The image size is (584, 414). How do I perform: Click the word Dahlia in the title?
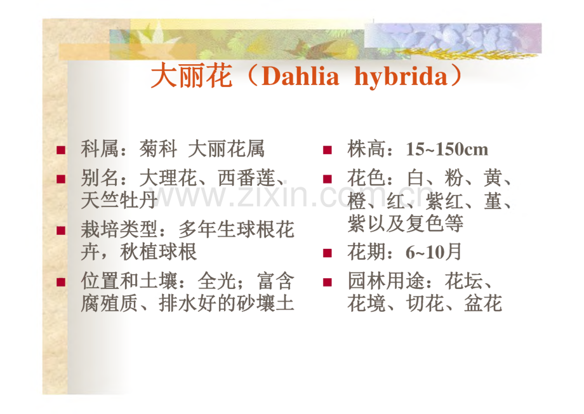pos(300,76)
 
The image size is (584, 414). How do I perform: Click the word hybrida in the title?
pos(401,77)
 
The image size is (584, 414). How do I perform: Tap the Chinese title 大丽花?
pos(192,76)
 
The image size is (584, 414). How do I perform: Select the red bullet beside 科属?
pos(61,150)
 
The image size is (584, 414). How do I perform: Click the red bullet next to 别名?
pos(61,179)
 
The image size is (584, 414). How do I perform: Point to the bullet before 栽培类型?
pos(61,230)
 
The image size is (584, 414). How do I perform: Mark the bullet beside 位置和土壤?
pos(61,282)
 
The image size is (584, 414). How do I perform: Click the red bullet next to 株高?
pos(328,150)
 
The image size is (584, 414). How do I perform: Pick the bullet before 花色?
pos(328,179)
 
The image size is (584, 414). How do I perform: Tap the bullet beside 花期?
pos(328,253)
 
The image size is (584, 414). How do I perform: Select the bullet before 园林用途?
pos(328,282)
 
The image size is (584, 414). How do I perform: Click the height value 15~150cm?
pos(447,149)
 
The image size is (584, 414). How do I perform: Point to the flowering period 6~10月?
pos(434,252)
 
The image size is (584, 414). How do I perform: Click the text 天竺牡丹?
pos(119,200)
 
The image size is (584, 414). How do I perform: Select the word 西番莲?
pos(246,178)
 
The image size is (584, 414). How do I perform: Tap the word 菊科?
pos(158,149)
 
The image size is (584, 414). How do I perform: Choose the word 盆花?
pos(483,304)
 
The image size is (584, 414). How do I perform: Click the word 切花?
pos(425,304)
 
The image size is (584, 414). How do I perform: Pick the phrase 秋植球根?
pos(158,252)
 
